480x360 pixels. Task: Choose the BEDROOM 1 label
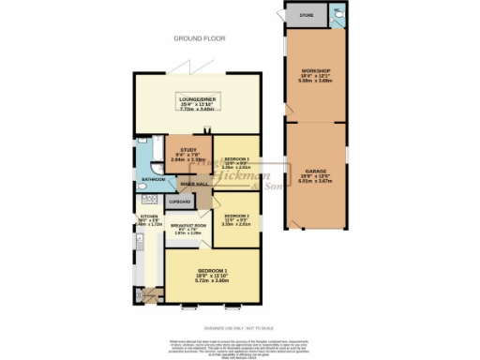point(211,270)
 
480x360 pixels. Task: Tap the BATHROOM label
point(153,179)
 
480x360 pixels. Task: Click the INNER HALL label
point(193,185)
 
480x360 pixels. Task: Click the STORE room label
point(306,16)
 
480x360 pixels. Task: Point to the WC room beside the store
point(337,15)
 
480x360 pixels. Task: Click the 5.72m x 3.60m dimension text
point(211,280)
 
